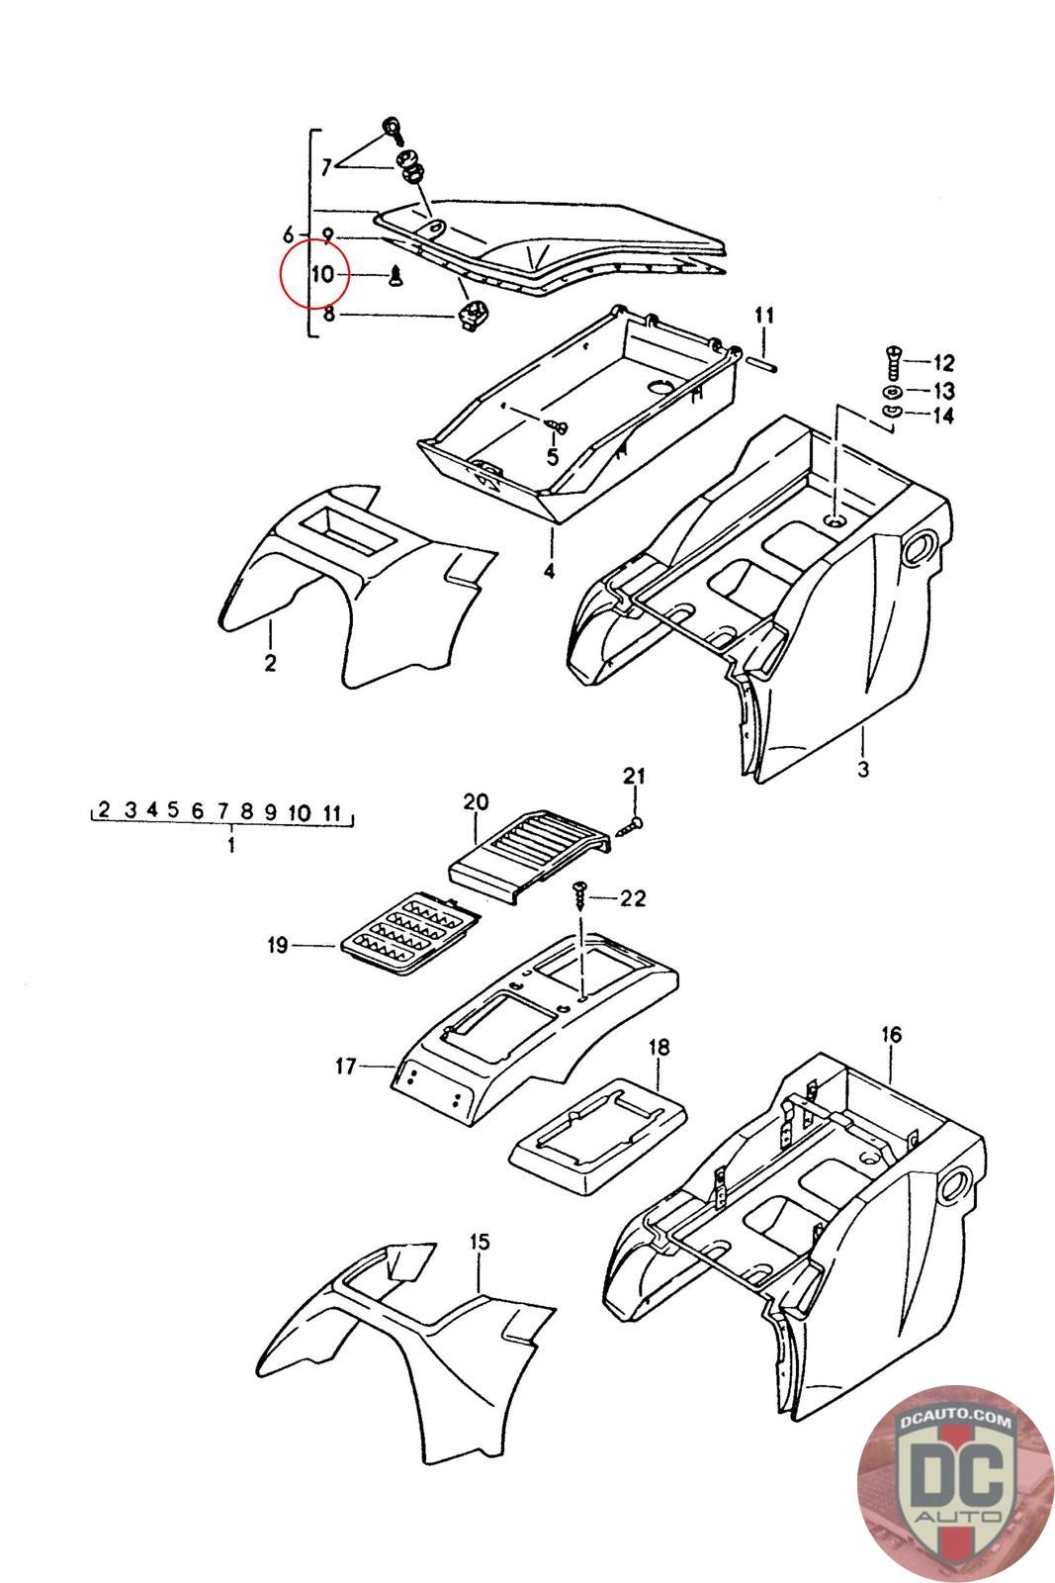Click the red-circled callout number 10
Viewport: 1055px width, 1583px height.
[x=323, y=274]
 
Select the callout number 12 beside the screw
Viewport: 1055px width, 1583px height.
[x=942, y=362]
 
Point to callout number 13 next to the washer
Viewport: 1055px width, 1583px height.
[x=942, y=390]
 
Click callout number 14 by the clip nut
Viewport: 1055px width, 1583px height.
[x=942, y=416]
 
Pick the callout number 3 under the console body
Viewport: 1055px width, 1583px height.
[x=862, y=769]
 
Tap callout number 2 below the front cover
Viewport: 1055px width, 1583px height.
[x=271, y=662]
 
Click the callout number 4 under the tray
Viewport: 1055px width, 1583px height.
[x=549, y=571]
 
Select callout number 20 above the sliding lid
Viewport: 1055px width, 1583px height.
[x=476, y=801]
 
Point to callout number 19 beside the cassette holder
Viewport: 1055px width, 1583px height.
[x=277, y=946]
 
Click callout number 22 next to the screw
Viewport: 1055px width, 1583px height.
[x=632, y=898]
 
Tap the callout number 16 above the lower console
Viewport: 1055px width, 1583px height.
[x=891, y=1035]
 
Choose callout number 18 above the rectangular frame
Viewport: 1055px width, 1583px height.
[x=659, y=1047]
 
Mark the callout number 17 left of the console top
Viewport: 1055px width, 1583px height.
[x=345, y=1067]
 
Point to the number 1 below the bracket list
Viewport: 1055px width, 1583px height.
[x=230, y=846]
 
